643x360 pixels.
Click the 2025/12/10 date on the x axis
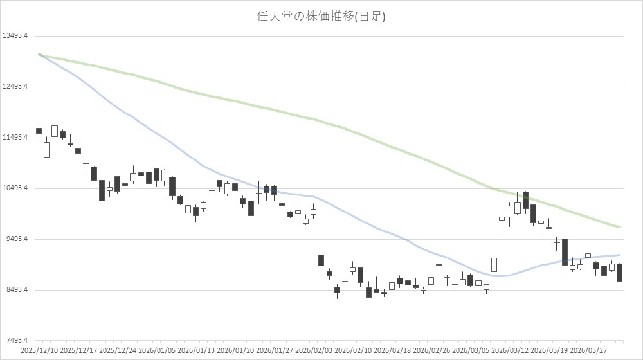39,351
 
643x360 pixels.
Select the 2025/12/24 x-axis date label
118,351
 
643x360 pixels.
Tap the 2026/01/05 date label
157,351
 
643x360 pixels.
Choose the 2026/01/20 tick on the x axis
235,351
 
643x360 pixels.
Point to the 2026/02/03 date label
314,351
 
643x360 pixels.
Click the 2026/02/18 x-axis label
392,351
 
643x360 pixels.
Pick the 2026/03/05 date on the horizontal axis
471,351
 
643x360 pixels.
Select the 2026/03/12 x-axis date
510,351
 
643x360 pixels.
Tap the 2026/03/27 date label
588,351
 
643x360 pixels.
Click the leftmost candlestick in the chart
39,130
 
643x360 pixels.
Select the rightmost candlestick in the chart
619,273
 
